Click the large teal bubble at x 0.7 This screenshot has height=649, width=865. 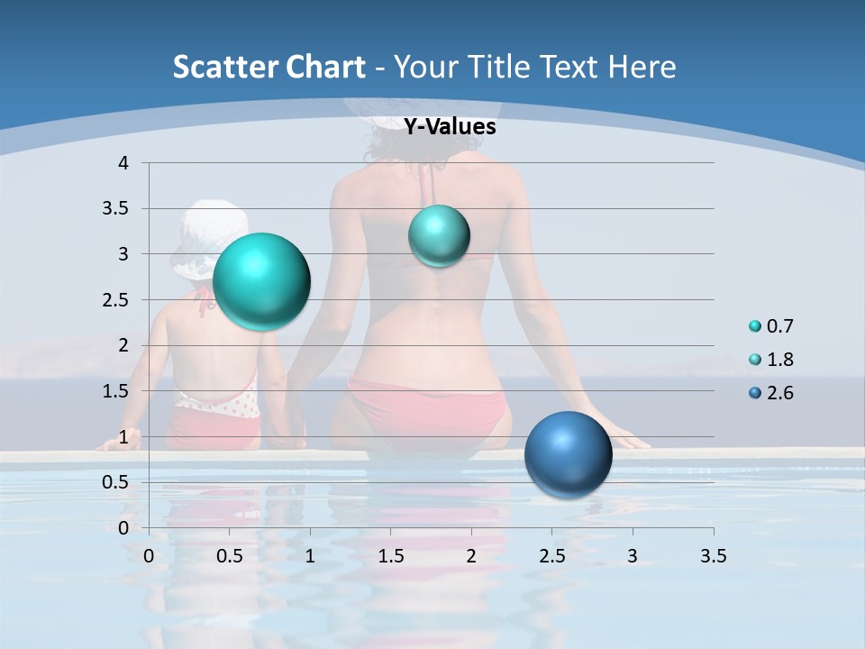(x=261, y=281)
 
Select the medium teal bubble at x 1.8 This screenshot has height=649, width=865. (x=439, y=236)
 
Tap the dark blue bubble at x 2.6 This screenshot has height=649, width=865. (x=568, y=454)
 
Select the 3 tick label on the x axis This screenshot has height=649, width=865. (x=633, y=555)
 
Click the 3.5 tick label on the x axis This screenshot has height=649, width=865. (x=713, y=555)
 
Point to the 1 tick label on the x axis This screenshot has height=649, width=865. (x=310, y=555)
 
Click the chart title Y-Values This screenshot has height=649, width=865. (x=449, y=127)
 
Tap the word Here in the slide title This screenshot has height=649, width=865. (x=641, y=67)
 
